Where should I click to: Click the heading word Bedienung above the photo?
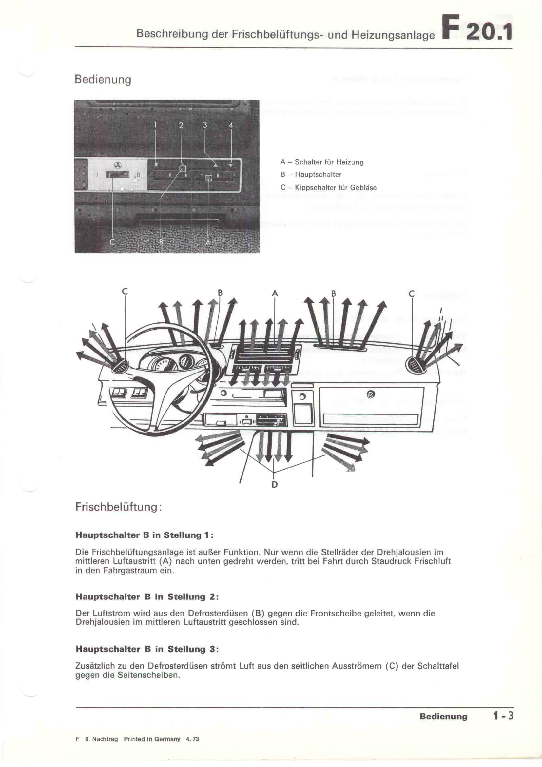[103, 80]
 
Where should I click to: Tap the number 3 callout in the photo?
[205, 125]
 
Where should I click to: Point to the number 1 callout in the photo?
[156, 125]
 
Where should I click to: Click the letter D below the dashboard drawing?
[275, 484]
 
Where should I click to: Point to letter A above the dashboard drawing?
[275, 293]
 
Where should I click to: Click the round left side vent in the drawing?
[120, 367]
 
